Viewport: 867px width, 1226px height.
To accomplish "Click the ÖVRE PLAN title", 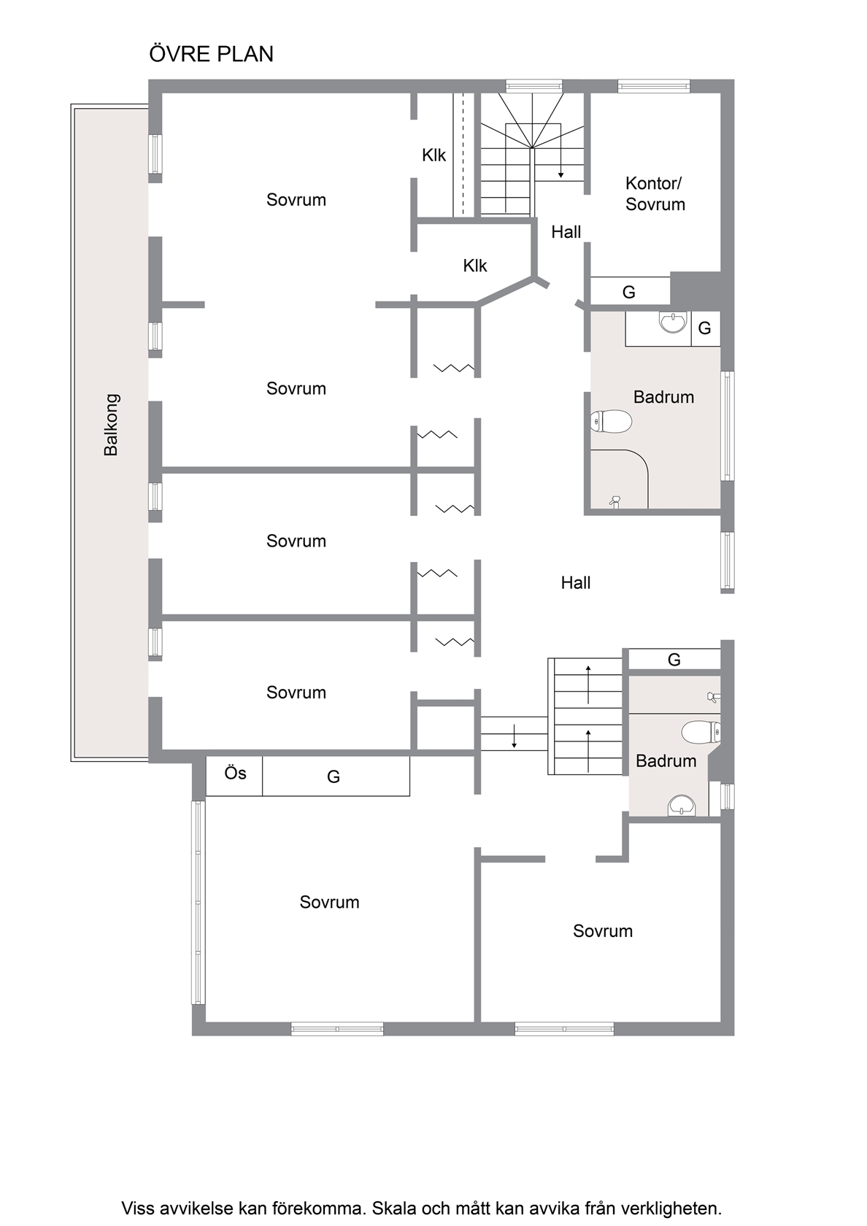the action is pos(212,54).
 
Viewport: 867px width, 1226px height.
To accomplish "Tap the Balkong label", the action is pos(111,425).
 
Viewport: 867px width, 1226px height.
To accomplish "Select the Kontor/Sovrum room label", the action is pos(655,193).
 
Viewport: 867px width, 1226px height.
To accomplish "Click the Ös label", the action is pos(235,773).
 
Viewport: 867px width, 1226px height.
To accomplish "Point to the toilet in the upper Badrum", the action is pos(612,422).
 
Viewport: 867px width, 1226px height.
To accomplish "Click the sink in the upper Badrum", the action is pos(673,322).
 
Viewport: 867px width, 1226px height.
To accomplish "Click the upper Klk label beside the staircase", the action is pos(433,155).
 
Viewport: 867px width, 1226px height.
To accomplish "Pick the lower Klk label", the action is pos(474,266).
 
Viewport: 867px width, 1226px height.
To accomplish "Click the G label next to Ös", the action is pos(334,776).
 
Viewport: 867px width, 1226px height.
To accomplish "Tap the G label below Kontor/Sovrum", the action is pos(629,292).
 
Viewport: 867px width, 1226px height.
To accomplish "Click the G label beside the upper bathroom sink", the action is pos(704,328).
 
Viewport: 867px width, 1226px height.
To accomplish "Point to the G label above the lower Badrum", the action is pos(674,660).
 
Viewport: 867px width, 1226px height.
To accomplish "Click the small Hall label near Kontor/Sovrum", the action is pos(566,232).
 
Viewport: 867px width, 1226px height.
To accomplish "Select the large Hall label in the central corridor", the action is pos(575,583).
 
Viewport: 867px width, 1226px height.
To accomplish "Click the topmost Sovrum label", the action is pos(296,200).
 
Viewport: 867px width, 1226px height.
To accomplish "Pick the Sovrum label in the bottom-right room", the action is pos(603,931).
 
